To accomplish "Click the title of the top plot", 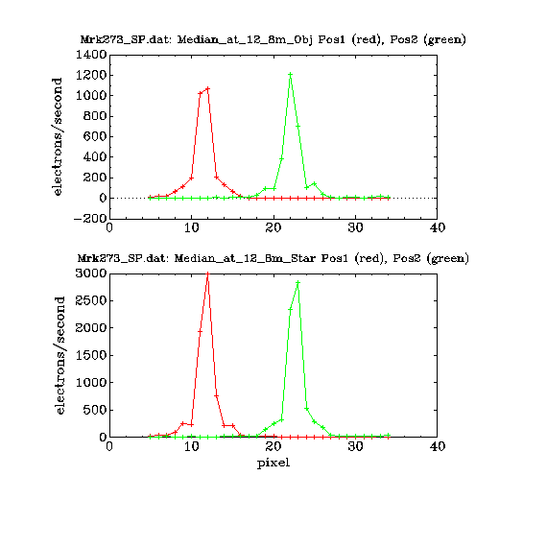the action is [x=273, y=39].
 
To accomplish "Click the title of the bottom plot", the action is [x=273, y=258].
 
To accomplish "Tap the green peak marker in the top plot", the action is [x=290, y=74].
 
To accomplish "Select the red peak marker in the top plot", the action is [x=208, y=88].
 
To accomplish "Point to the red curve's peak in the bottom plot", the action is [x=208, y=273].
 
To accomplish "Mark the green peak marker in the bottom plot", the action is [x=297, y=282].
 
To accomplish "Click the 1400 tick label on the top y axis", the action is [x=91, y=55].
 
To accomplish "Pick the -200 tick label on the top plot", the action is [x=90, y=219].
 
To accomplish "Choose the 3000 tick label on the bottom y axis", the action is [x=91, y=273].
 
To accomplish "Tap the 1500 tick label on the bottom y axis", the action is [x=91, y=355].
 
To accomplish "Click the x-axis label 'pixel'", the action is [x=273, y=464].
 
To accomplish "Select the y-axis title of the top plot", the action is [x=57, y=136].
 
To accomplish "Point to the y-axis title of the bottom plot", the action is [x=60, y=355].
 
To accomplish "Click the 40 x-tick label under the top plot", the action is [x=438, y=227].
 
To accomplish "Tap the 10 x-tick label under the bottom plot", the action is [x=192, y=446].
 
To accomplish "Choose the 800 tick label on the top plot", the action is [x=95, y=116].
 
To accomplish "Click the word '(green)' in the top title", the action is [x=445, y=39].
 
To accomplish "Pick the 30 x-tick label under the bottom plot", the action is [x=355, y=446].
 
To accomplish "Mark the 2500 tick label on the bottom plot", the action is [x=91, y=300].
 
